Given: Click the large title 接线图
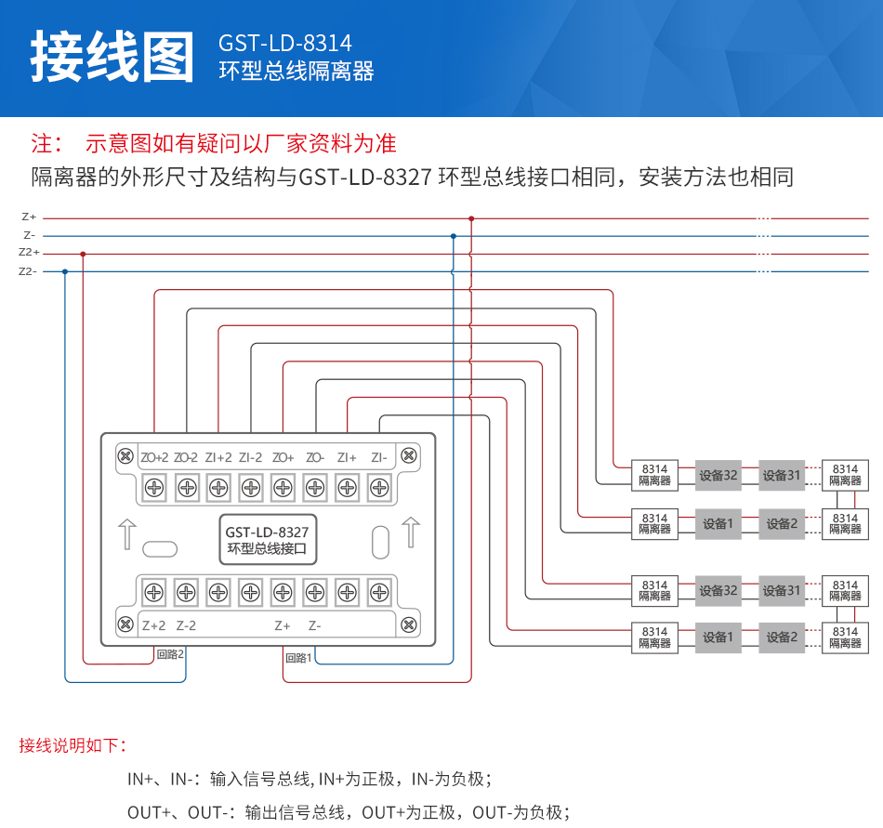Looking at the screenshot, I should [112, 58].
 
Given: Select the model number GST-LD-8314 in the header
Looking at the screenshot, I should [285, 44].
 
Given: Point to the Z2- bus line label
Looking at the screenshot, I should [27, 271].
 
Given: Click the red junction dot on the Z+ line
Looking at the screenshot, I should [471, 218].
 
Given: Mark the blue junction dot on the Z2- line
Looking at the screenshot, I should [64, 271].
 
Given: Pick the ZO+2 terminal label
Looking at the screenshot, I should [154, 457].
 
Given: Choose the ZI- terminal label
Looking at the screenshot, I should [378, 457].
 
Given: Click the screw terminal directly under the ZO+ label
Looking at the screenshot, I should [283, 486].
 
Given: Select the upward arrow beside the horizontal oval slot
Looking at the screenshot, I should [127, 534].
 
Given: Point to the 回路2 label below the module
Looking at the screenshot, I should [170, 654].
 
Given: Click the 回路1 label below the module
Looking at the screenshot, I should [298, 657].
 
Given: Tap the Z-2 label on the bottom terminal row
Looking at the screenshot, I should [186, 625].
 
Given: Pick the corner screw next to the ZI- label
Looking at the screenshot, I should [408, 456].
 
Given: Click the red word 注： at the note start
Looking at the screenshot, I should [47, 143].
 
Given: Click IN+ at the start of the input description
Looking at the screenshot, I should [140, 779].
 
